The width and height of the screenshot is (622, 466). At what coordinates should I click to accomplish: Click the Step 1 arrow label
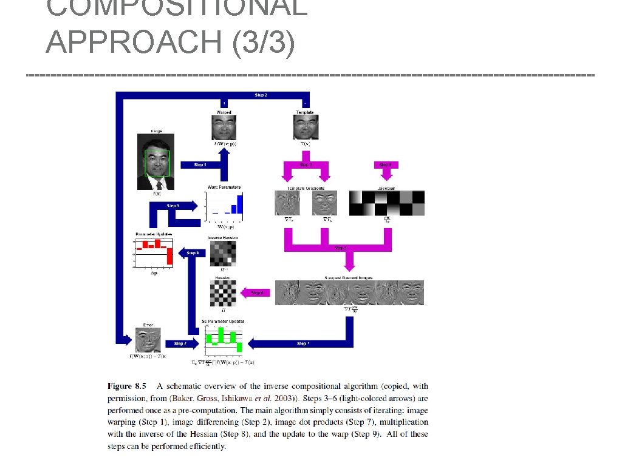pos(200,165)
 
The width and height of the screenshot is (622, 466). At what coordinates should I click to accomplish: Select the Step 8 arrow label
pos(193,252)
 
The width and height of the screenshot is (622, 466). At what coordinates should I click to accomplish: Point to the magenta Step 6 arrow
pos(255,293)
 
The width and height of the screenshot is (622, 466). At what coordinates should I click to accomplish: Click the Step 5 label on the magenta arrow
pos(341,248)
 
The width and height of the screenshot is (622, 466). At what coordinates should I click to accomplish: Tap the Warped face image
pos(224,128)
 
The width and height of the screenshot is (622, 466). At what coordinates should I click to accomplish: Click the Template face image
pos(305,128)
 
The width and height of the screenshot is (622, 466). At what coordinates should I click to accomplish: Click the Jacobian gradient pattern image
pos(386,203)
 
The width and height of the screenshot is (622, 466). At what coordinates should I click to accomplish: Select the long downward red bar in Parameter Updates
pos(170,256)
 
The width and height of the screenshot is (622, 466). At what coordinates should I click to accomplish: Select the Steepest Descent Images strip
pos(349,292)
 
